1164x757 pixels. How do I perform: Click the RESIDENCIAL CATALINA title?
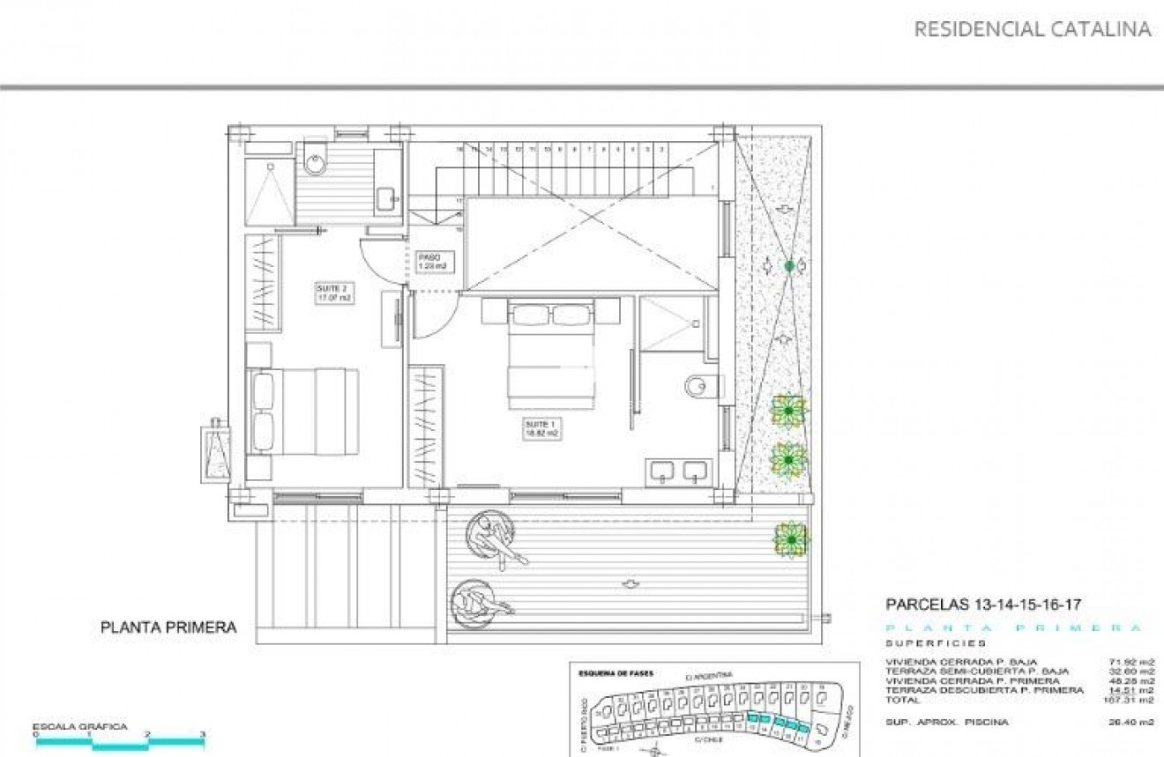(x=1032, y=29)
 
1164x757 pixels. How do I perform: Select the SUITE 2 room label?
(x=334, y=293)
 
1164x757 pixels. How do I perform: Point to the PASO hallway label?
(x=435, y=261)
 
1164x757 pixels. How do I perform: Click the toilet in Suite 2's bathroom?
(x=316, y=163)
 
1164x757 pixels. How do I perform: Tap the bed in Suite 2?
(x=304, y=411)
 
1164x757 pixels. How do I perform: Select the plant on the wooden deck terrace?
(x=790, y=538)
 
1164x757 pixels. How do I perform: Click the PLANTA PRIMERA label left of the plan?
(x=168, y=627)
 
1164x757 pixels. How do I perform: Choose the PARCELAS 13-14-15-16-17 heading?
(x=982, y=605)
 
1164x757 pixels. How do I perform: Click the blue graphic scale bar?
(x=119, y=742)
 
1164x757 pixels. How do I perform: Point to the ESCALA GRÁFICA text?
(x=80, y=727)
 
